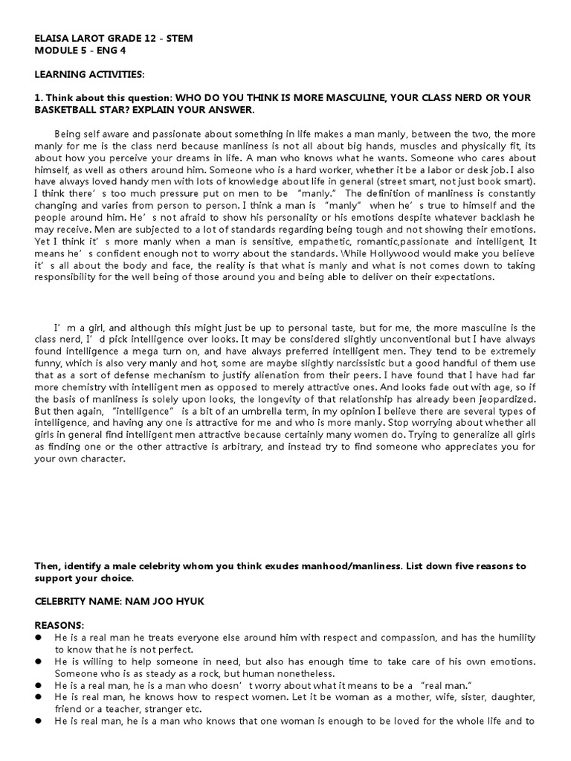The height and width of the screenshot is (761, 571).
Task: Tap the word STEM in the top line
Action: (x=179, y=39)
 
